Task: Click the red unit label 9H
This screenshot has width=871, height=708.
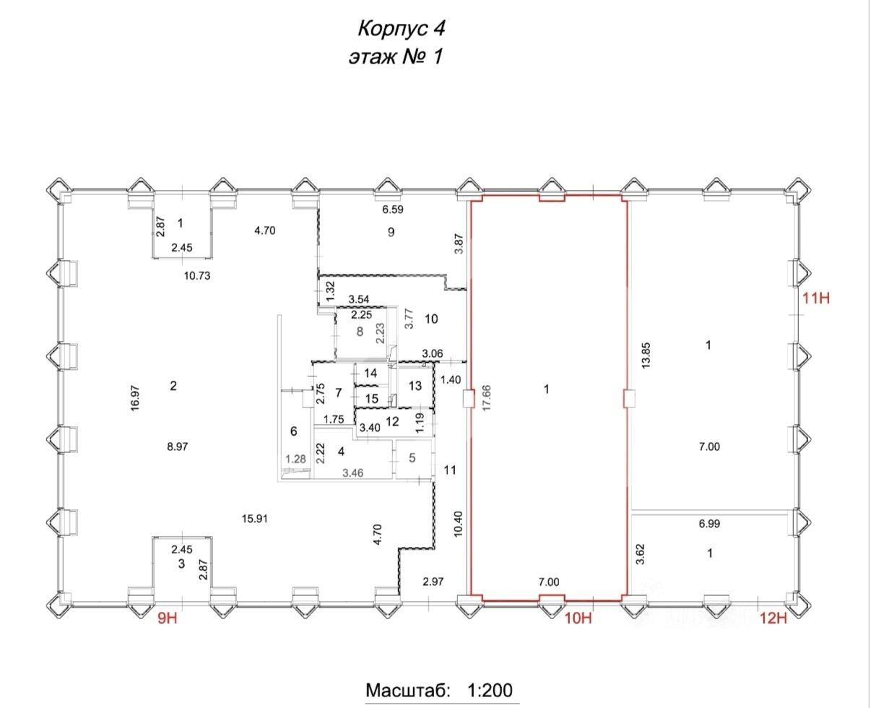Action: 168,618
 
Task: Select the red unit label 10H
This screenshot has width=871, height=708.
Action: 578,618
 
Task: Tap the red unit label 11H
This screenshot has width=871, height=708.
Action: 816,298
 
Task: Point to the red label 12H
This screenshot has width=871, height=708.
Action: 773,618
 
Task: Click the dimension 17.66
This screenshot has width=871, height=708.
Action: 487,398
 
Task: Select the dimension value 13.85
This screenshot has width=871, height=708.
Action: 646,356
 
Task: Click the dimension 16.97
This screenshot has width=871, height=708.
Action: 136,398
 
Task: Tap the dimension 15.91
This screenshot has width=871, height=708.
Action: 254,519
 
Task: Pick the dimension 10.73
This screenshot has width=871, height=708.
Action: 197,276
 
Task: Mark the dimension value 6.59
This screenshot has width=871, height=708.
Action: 393,210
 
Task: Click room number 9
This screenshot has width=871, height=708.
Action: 391,232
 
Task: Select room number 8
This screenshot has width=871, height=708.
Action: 360,332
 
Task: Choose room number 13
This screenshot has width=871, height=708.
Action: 415,386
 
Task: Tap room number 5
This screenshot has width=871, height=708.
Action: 412,458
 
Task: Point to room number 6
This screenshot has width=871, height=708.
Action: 294,431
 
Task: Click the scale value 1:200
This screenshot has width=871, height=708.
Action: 490,678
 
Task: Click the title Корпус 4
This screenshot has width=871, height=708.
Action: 401,29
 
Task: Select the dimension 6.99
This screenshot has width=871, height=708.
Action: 709,524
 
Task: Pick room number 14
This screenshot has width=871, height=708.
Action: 370,373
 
